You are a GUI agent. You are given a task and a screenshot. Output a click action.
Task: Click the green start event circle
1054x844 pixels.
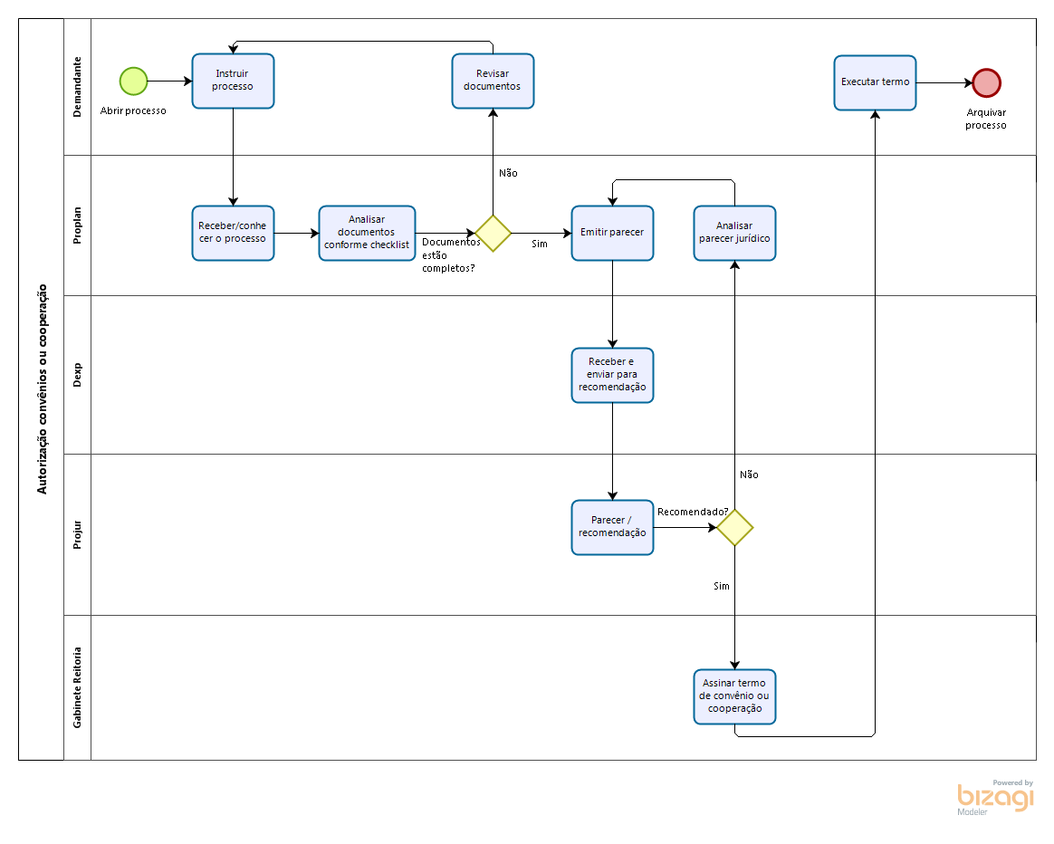click(134, 81)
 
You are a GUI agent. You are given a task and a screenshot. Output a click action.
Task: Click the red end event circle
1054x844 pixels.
click(986, 82)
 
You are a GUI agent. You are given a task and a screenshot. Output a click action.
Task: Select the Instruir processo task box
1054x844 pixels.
click(233, 81)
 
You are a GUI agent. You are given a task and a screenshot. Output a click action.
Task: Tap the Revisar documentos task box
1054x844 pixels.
click(493, 81)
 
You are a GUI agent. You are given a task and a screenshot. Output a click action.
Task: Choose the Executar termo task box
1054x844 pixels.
click(875, 82)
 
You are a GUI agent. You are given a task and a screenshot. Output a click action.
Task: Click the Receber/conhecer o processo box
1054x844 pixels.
click(233, 233)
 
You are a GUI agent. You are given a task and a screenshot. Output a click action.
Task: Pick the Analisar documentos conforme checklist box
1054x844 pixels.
click(367, 233)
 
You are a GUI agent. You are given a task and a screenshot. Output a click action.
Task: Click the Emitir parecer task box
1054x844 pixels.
click(612, 233)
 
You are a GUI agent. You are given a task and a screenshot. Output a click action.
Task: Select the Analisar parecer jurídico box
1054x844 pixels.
click(734, 233)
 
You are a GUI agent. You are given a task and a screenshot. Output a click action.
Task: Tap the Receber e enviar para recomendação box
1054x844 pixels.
click(612, 375)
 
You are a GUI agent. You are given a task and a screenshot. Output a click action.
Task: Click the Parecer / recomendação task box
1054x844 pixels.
click(612, 527)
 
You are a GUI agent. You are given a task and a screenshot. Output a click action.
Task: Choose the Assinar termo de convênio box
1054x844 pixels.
click(734, 696)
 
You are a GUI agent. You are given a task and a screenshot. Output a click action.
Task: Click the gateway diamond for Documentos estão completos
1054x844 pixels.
click(493, 233)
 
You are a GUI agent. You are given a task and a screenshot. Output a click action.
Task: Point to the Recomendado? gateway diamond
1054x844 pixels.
click(734, 527)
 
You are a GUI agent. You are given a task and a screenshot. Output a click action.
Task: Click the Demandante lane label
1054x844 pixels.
click(78, 86)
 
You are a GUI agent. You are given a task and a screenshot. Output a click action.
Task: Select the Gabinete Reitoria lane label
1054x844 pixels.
click(78, 686)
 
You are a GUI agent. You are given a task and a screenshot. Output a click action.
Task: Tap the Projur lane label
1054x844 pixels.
click(78, 534)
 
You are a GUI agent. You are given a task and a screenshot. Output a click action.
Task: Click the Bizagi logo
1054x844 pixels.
click(995, 797)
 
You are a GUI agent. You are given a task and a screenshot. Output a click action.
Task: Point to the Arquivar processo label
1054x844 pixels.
click(986, 119)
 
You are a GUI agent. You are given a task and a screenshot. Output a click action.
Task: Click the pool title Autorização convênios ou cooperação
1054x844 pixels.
click(42, 388)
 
